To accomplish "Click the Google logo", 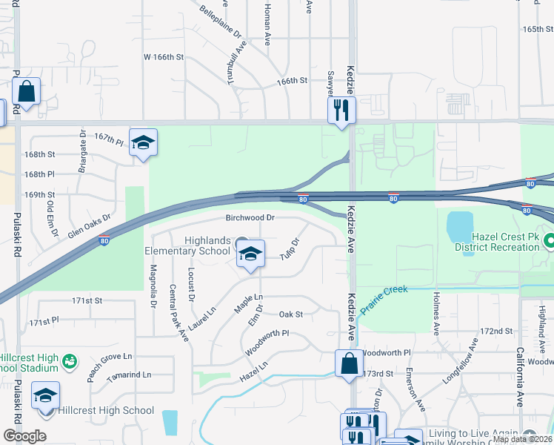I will [24, 436].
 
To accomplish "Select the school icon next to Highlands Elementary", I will [251, 254].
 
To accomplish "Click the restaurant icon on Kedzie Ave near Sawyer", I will [342, 110].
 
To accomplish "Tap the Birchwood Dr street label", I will [250, 218].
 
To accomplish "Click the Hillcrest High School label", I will [107, 410].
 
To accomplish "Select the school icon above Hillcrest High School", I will [46, 395].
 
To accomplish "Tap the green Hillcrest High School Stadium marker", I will [70, 362].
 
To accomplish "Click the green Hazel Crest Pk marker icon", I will [550, 241].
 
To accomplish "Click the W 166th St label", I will [162, 56].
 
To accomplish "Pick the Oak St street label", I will [291, 314].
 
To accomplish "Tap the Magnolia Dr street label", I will [153, 277].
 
